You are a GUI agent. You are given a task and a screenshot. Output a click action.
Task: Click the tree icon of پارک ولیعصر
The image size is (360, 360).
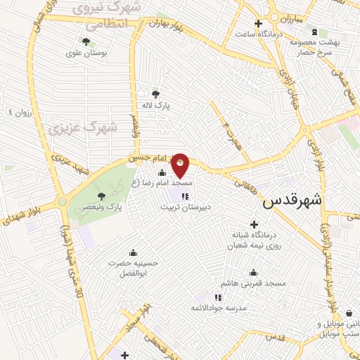click(x=102, y=196)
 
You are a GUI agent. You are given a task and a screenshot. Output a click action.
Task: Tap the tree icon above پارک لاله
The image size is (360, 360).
click(x=155, y=94)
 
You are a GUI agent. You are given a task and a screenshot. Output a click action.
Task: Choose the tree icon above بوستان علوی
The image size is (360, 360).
click(x=86, y=41)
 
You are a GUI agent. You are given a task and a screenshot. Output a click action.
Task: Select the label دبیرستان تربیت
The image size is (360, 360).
click(x=184, y=207)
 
